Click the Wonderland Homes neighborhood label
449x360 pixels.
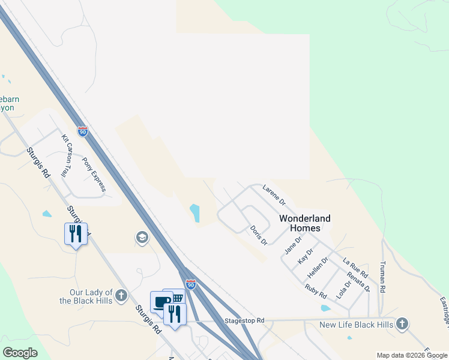point(304,223)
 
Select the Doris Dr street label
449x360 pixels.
point(259,236)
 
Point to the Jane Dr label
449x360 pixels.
point(293,245)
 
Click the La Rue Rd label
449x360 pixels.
point(355,268)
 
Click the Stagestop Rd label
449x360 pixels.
point(244,321)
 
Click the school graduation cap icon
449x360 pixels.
point(142,238)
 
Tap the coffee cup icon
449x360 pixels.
point(161,301)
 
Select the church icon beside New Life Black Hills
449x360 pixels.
point(402,325)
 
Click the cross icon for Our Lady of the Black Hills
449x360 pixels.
point(121,295)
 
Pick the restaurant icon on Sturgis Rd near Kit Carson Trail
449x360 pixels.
point(76,233)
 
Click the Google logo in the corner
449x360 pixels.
point(20,353)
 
